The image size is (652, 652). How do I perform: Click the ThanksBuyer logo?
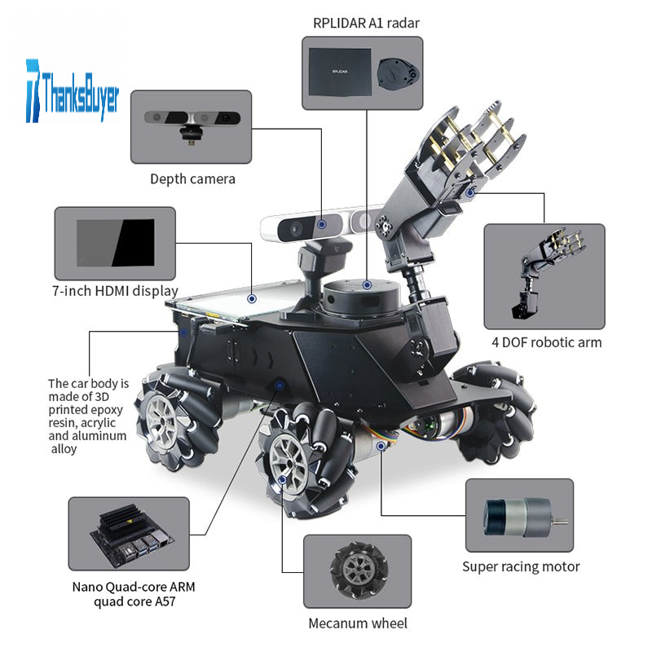[73, 91]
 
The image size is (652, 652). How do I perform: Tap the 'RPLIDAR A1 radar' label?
[366, 24]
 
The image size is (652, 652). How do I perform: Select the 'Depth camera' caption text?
[192, 179]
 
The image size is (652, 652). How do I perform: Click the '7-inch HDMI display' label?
[115, 291]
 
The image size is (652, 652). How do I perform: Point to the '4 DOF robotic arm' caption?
[546, 342]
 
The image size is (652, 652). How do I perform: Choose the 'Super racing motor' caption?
[521, 566]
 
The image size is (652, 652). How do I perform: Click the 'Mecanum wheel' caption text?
[358, 623]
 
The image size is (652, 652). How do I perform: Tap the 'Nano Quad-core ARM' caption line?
[134, 587]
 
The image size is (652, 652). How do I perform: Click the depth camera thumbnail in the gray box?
[192, 125]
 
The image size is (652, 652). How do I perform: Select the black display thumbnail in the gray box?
[116, 243]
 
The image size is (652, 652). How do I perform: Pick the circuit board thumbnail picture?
[131, 534]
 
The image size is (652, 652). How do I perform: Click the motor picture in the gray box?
[523, 517]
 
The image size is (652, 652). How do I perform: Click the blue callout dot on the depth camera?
[321, 225]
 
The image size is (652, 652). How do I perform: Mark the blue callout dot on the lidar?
[367, 285]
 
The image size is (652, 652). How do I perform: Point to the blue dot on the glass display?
[252, 299]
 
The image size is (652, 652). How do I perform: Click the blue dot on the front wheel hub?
[282, 480]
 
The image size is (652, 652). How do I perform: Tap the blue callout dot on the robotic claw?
[470, 192]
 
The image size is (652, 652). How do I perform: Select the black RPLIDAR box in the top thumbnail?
[340, 72]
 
